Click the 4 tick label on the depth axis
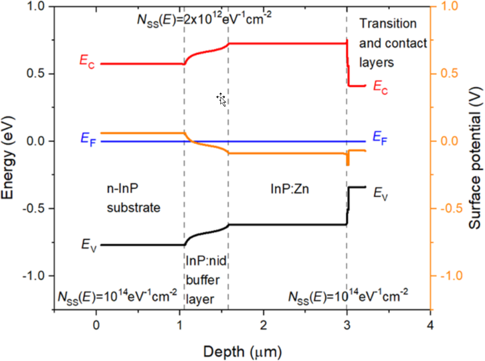(431, 327)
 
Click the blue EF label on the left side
(88, 139)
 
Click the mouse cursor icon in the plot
(221, 100)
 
